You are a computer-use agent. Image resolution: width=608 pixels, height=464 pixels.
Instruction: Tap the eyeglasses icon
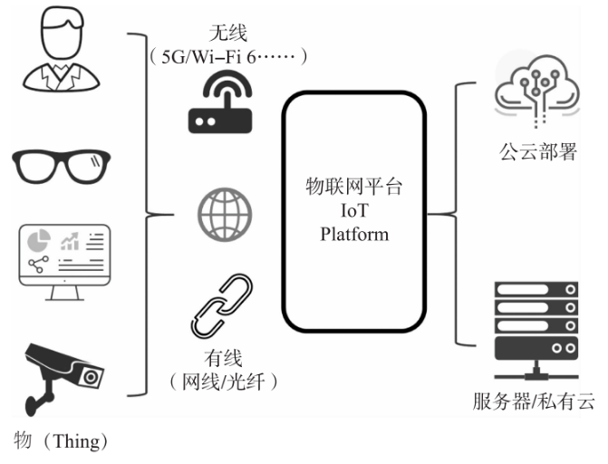(59, 167)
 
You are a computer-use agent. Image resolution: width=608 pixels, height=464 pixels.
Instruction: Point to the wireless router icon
(222, 103)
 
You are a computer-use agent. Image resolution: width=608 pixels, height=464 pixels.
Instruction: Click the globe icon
(224, 215)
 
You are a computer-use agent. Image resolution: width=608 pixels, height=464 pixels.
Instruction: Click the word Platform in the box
(354, 235)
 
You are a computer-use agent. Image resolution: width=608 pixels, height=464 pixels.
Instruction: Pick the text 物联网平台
(354, 189)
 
